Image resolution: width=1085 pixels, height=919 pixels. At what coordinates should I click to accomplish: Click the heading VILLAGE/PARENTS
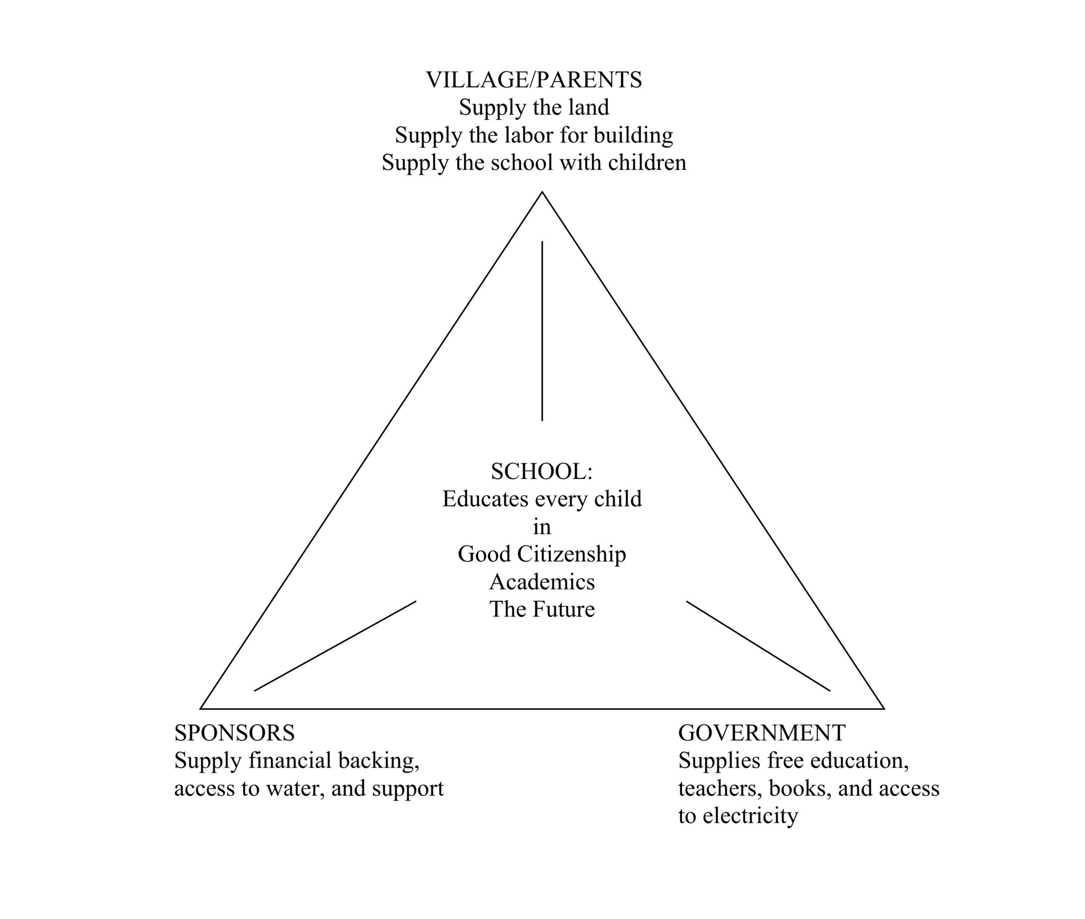(534, 80)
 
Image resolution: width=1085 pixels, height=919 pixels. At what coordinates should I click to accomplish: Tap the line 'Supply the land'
(534, 108)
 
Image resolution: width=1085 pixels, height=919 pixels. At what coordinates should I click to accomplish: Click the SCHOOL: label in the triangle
(541, 471)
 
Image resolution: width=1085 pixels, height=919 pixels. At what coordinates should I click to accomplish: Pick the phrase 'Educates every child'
(542, 499)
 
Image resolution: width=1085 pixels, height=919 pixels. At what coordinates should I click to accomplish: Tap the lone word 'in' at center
(542, 527)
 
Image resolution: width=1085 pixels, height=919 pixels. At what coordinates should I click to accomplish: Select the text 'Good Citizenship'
(542, 554)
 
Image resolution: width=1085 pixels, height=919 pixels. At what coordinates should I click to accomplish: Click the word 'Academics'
(542, 582)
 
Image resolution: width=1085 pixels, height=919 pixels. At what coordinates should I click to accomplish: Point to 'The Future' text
(542, 609)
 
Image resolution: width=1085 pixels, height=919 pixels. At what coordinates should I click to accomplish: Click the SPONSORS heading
(235, 733)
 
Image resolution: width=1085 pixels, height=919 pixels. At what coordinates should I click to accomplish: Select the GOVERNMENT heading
(762, 733)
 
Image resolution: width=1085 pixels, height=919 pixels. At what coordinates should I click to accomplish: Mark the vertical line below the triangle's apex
(542, 331)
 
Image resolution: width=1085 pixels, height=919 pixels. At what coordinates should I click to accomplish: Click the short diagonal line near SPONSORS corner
(335, 646)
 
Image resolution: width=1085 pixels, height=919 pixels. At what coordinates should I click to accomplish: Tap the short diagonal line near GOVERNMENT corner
(758, 646)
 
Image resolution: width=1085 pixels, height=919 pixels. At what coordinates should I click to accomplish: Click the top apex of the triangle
(542, 192)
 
